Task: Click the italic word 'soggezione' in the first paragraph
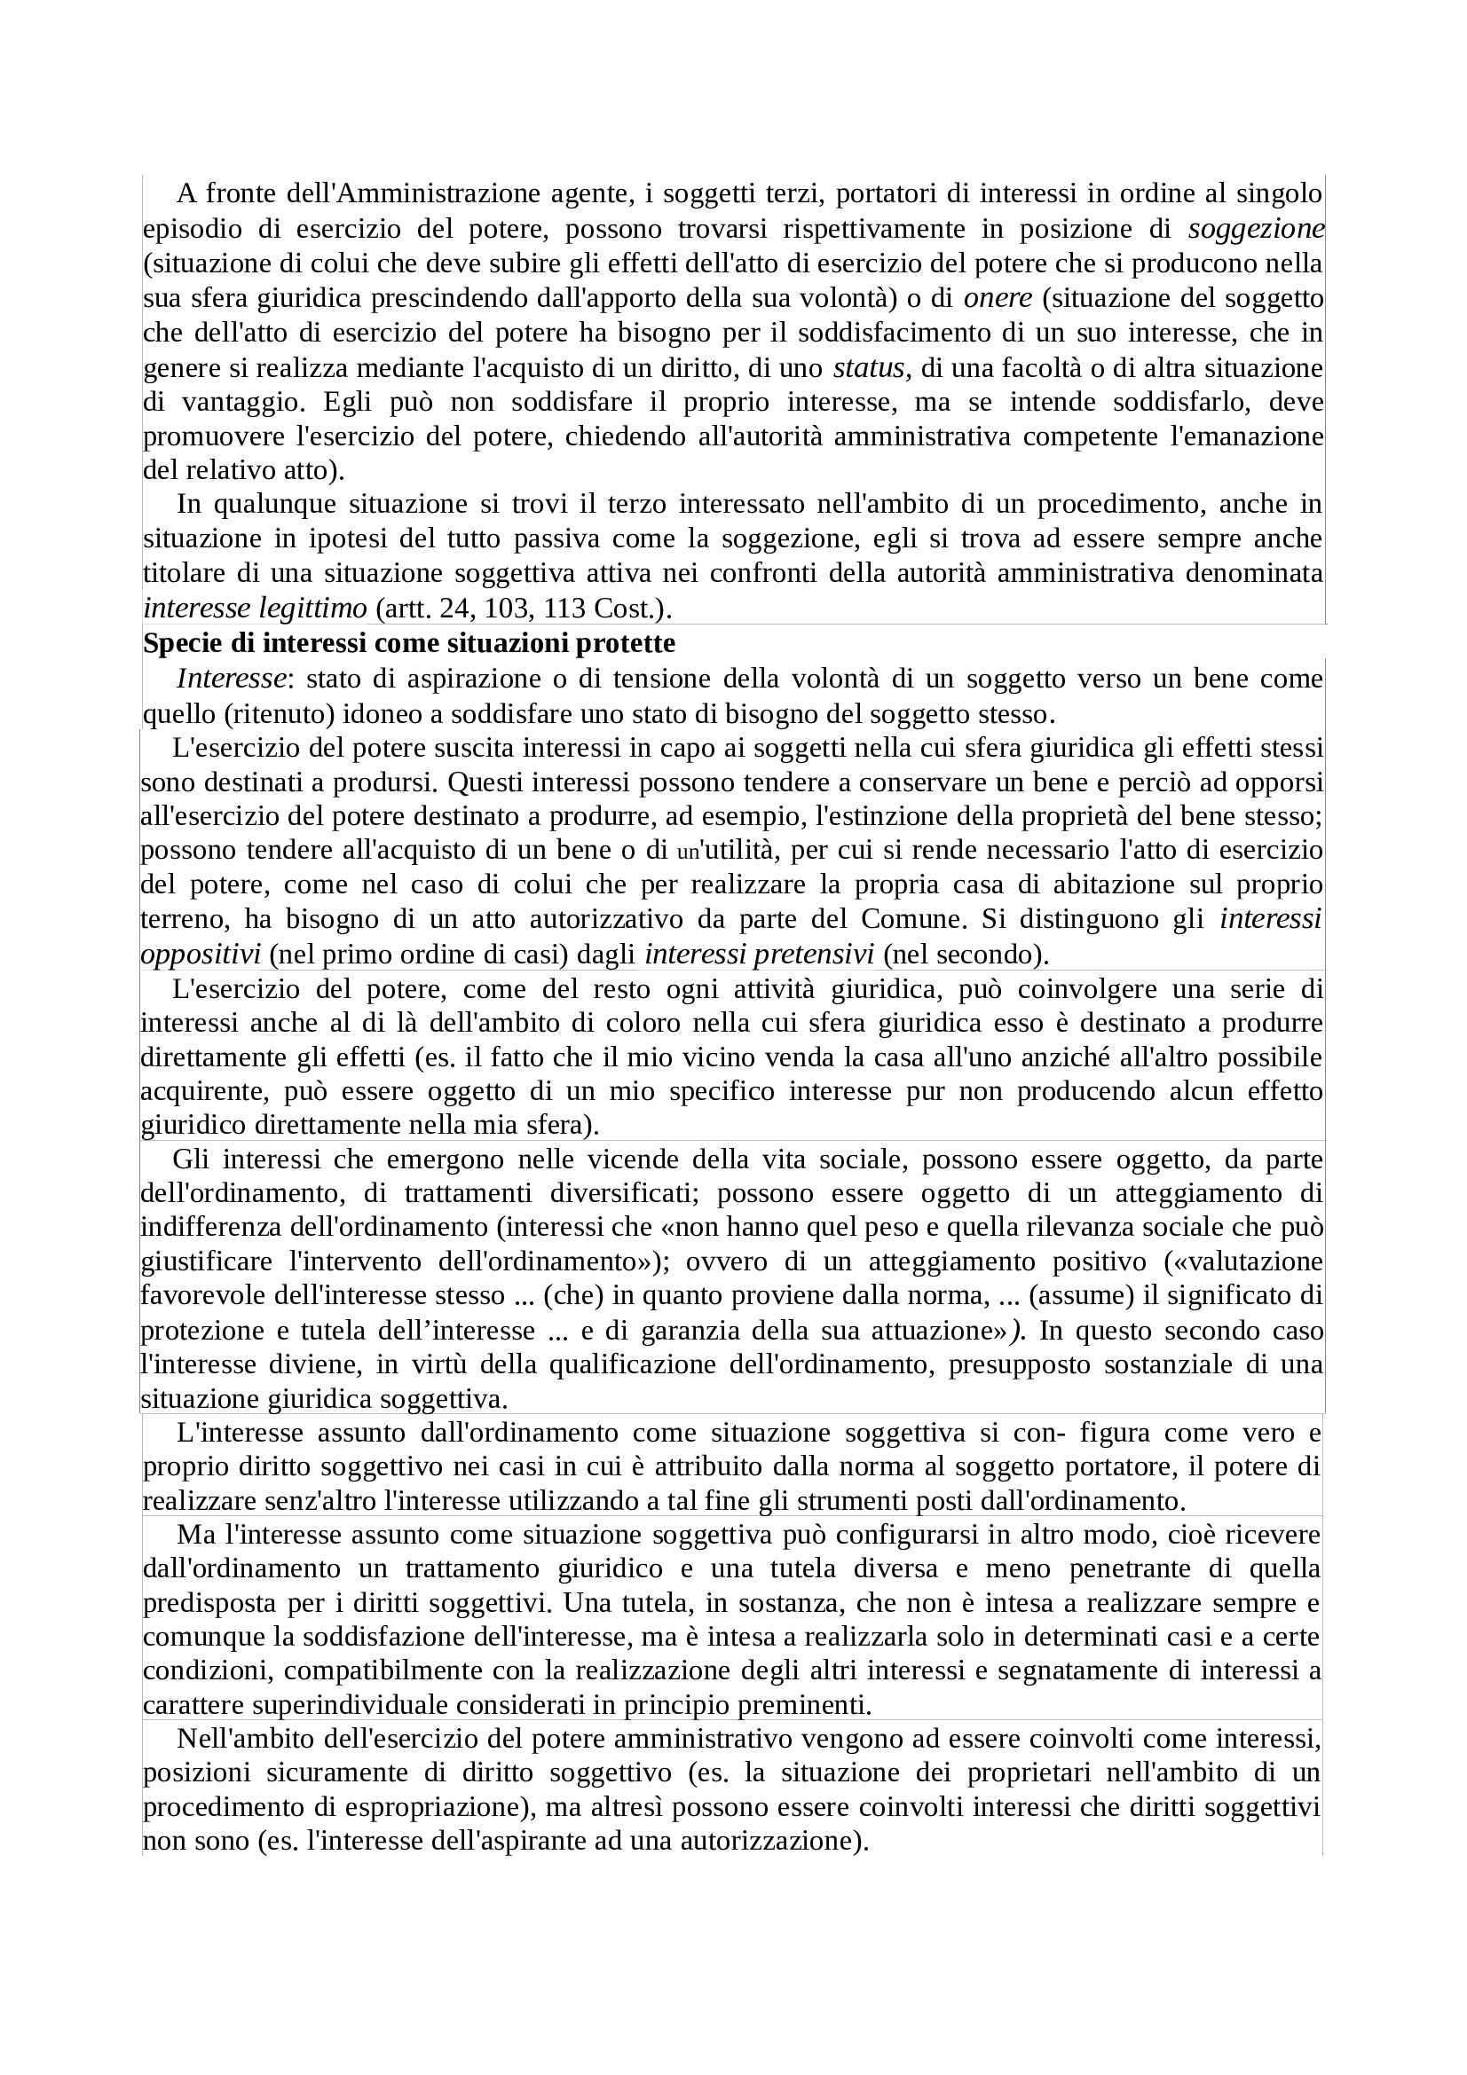[x=1257, y=229]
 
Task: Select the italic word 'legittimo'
[x=312, y=609]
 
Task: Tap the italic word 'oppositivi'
[x=201, y=955]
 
